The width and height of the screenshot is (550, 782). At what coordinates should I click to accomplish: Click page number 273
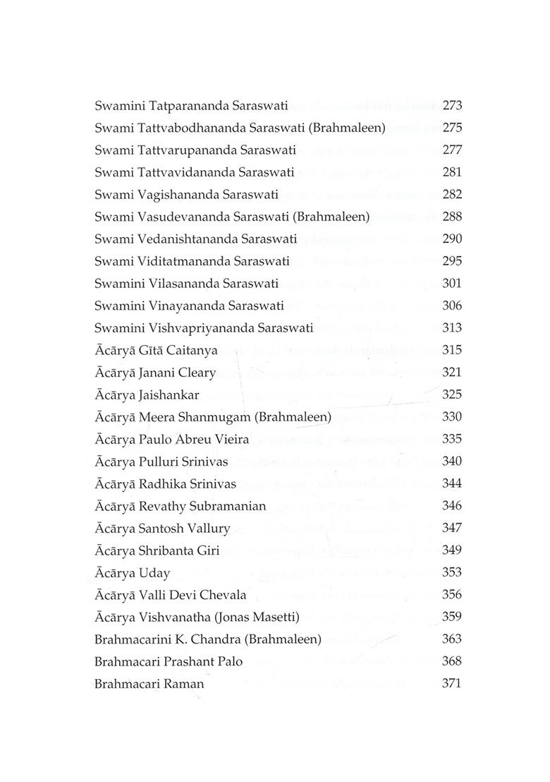pos(451,106)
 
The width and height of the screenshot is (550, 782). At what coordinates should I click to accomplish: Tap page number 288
pos(451,217)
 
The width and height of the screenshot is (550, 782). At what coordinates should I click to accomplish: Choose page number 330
pos(451,417)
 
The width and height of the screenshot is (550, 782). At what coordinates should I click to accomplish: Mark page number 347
pos(451,528)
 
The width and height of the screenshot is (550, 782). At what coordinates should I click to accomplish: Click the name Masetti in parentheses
pos(274,617)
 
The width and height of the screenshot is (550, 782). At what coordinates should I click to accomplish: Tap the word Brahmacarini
pos(130,639)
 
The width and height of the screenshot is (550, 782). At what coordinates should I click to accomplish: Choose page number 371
pos(451,683)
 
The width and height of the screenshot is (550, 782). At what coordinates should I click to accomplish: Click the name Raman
pos(183,683)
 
